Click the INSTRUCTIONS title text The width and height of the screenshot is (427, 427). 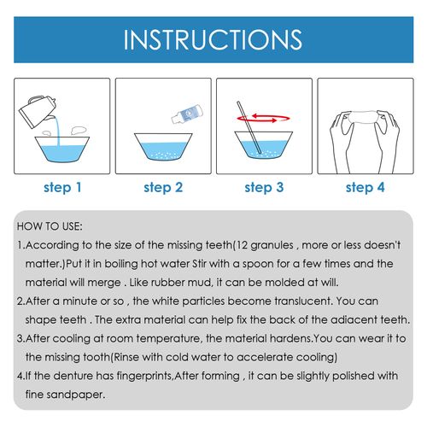tap(213, 40)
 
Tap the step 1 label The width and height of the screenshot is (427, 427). tap(63, 186)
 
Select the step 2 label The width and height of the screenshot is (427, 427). tap(163, 186)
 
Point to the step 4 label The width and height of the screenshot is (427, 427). tap(363, 186)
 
